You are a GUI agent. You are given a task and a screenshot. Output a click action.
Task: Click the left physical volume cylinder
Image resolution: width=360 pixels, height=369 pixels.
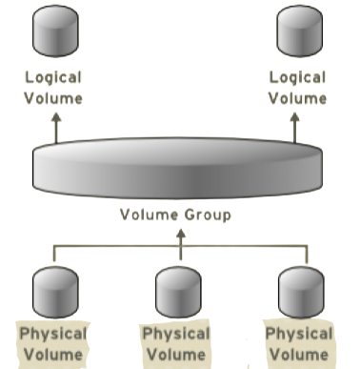(x=54, y=292)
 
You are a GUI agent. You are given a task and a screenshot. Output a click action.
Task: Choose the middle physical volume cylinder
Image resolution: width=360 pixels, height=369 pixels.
(x=175, y=292)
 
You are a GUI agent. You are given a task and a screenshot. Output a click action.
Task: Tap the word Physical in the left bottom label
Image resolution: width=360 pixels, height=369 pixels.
(x=53, y=335)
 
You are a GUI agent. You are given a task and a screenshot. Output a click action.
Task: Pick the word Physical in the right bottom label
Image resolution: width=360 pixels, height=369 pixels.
(x=298, y=335)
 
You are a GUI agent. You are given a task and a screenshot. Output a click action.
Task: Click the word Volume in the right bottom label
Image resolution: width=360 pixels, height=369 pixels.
(x=298, y=355)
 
